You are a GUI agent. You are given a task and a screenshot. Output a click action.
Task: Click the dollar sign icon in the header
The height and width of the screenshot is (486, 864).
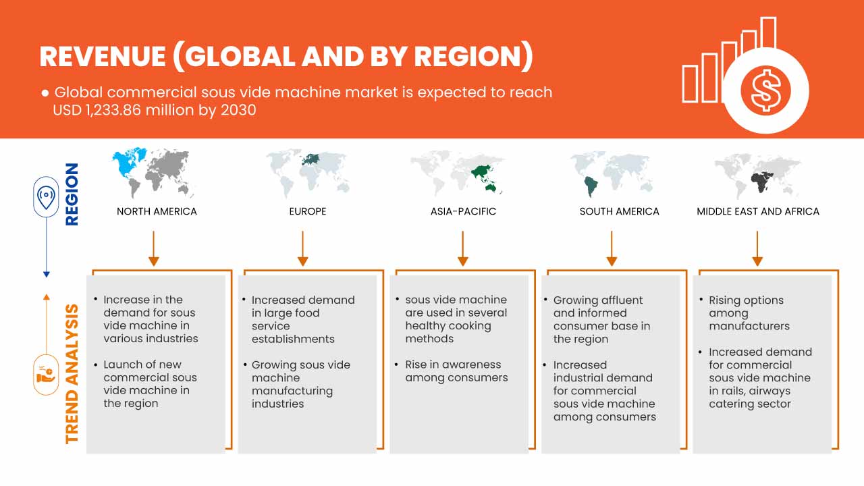tap(765, 90)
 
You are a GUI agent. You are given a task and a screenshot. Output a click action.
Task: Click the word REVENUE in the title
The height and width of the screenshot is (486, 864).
tap(102, 57)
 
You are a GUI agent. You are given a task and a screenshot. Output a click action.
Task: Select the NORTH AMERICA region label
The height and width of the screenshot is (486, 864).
tap(157, 211)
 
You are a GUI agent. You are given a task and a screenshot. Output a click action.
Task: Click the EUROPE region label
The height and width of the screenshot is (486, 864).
tap(307, 211)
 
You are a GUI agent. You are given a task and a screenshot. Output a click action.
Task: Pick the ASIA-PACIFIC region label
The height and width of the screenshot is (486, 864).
tap(463, 211)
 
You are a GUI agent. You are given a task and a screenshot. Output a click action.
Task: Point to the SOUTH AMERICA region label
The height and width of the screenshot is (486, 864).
tap(619, 211)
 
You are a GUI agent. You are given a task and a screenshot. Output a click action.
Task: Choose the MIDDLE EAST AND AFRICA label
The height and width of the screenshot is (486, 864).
tap(757, 211)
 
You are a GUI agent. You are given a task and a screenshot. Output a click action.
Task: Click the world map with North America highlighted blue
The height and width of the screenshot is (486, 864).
tap(154, 171)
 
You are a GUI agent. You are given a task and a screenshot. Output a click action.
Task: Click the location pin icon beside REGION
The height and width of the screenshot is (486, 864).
tap(46, 197)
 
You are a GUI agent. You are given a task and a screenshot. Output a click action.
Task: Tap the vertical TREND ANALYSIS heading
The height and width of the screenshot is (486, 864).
tap(72, 373)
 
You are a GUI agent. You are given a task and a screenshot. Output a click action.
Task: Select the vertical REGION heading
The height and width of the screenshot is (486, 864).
tap(72, 194)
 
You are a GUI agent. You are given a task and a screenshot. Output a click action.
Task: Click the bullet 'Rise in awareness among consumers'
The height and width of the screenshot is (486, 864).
tap(456, 371)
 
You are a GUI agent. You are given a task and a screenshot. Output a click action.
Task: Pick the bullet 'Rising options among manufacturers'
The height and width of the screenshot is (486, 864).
tap(748, 313)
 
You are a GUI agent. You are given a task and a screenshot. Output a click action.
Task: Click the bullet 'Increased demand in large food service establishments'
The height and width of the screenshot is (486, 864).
tap(302, 319)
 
